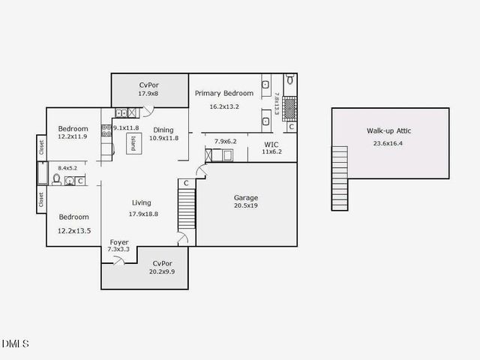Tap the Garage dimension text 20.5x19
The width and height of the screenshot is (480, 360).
tap(246, 206)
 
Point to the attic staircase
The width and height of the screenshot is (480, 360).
tap(340, 178)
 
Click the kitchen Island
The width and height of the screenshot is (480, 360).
tap(133, 143)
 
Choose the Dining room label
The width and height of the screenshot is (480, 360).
tap(163, 129)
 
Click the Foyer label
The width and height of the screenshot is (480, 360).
tap(119, 241)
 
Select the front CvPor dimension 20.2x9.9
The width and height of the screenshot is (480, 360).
tap(161, 271)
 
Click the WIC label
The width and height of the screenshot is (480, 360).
tap(271, 143)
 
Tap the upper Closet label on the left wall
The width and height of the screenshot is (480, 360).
tap(41, 148)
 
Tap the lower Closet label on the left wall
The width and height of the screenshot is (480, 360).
tap(41, 199)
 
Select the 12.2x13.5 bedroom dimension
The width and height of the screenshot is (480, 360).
tap(74, 231)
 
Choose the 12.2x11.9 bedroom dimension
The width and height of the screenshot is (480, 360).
tap(73, 136)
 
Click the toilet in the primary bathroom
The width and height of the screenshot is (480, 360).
tap(290, 79)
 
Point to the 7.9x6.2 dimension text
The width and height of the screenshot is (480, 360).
tap(225, 141)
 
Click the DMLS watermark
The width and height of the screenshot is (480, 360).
tap(15, 344)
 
